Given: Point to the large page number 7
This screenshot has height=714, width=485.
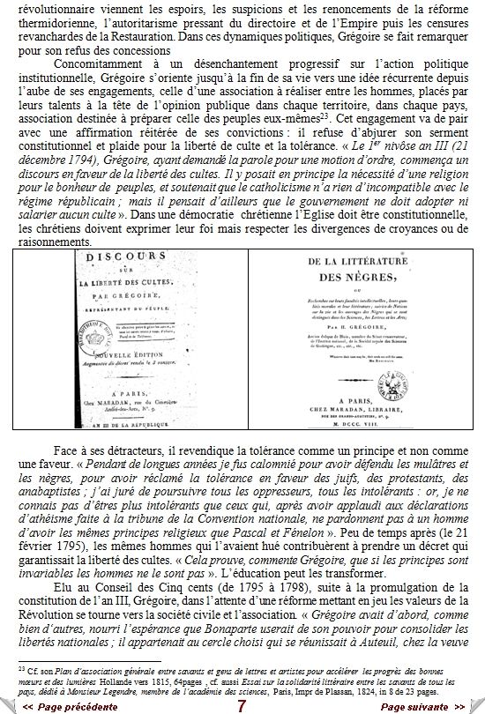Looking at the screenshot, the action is [242, 705].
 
